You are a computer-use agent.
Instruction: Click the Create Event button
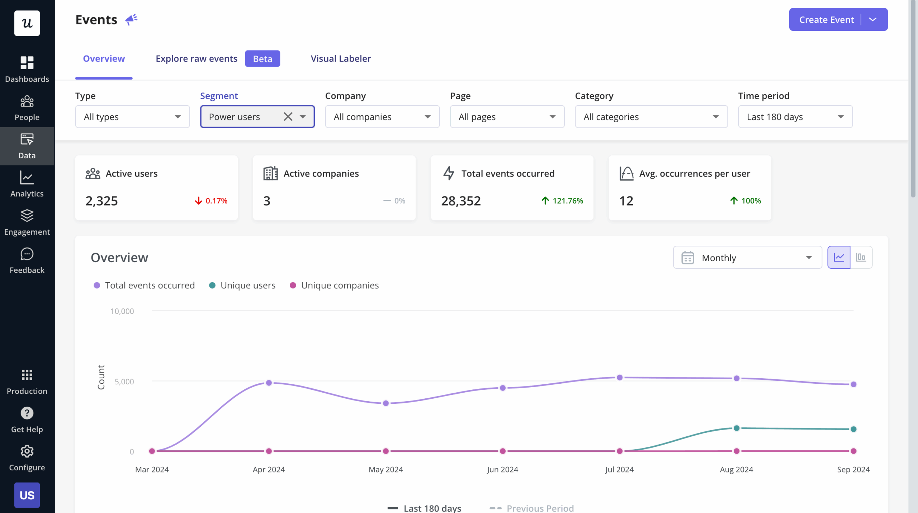[x=826, y=20]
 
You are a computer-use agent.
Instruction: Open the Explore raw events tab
[x=196, y=59]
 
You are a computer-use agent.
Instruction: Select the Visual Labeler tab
[x=340, y=59]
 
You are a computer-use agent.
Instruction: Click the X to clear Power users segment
[x=288, y=117]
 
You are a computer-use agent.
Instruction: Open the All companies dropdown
[x=382, y=117]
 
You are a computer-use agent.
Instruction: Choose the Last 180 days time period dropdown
[x=795, y=117]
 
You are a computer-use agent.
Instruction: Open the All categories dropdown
[x=651, y=117]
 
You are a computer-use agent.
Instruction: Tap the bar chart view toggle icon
[x=861, y=257]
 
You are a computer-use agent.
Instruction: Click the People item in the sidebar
[x=27, y=108]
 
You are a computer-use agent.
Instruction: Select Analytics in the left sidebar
[x=27, y=184]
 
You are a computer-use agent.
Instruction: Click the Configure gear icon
[x=27, y=451]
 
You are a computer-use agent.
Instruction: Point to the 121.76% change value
[x=567, y=201]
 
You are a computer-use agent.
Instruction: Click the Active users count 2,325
[x=101, y=201]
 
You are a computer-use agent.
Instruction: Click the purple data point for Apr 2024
[x=269, y=383]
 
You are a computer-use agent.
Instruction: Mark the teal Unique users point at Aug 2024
[x=737, y=428]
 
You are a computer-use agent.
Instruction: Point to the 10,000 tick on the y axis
[x=122, y=311]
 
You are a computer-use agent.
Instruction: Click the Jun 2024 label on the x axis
[x=502, y=470]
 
